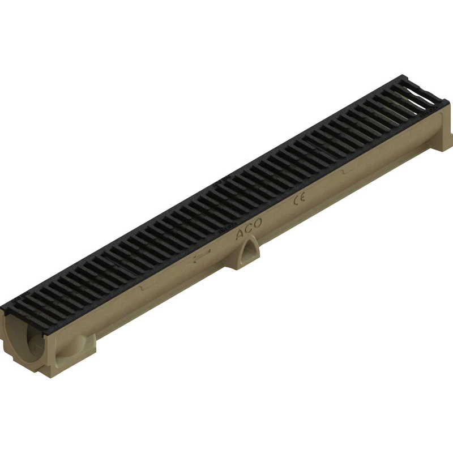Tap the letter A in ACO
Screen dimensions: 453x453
pos(240,232)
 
